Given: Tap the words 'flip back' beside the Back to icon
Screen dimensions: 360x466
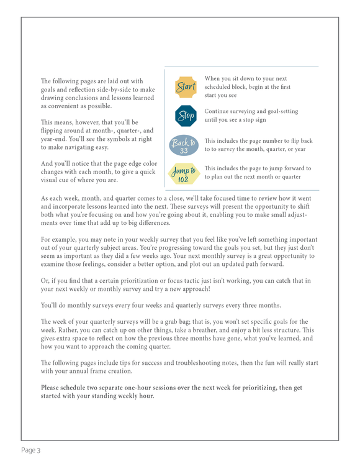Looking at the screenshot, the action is [x=299, y=141].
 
